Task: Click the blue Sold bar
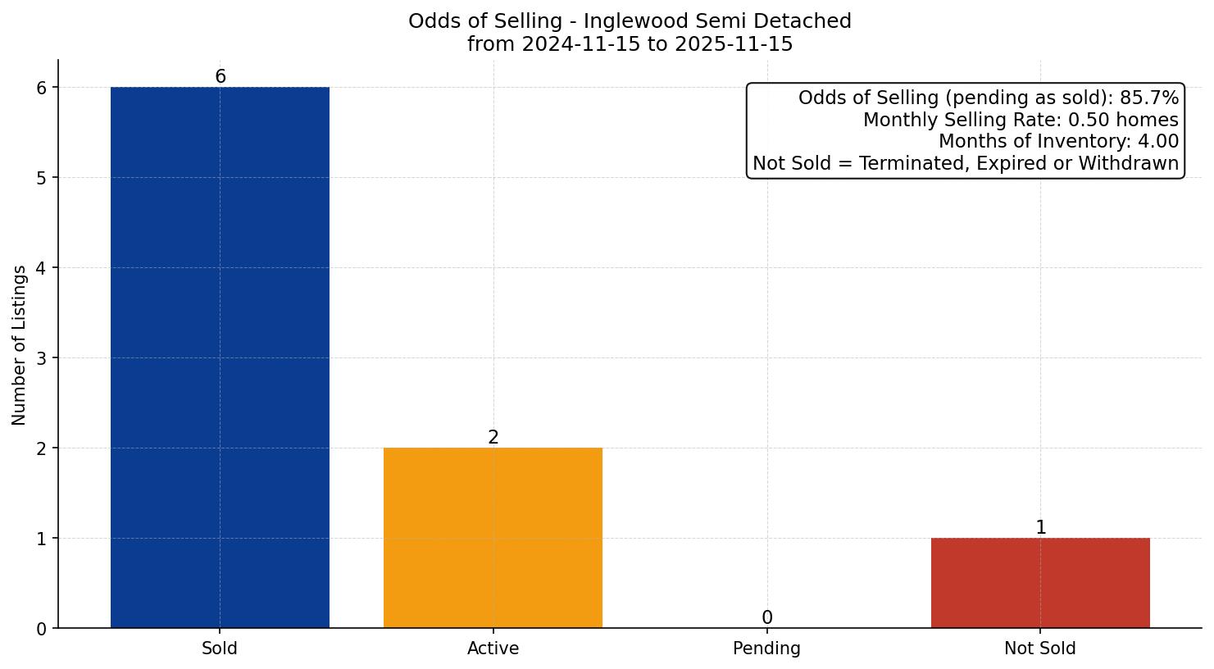click(x=220, y=357)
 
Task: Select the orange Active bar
click(x=493, y=537)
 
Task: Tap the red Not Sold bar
click(x=1040, y=582)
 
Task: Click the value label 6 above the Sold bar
click(x=221, y=77)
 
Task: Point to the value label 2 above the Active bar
click(x=493, y=438)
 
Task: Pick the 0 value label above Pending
click(x=767, y=618)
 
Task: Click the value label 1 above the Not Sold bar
click(x=1041, y=528)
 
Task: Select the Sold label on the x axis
click(x=220, y=649)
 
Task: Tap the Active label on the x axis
click(x=493, y=649)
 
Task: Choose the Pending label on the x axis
click(x=766, y=649)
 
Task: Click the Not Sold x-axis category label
click(x=1039, y=649)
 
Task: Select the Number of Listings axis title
click(x=20, y=344)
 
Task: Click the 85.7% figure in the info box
click(x=1149, y=98)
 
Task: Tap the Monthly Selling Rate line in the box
click(x=1021, y=121)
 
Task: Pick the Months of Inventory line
click(x=1058, y=142)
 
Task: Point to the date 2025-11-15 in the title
click(x=734, y=44)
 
